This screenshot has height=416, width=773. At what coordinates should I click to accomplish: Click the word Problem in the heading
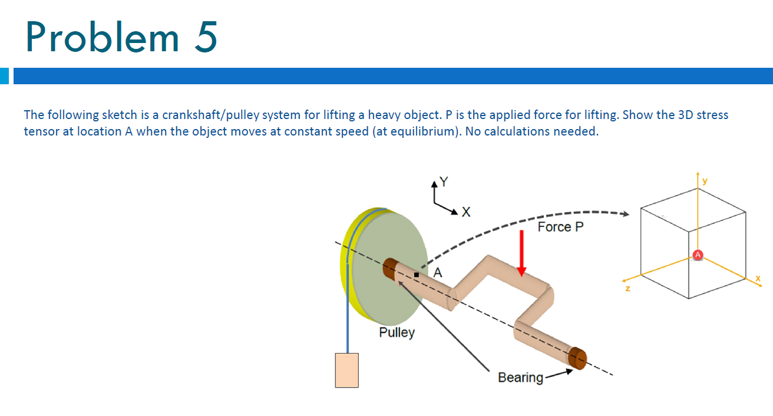pyautogui.click(x=102, y=37)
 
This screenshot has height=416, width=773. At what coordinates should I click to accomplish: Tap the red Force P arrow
pyautogui.click(x=521, y=254)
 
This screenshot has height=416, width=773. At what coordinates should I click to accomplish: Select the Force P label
pyautogui.click(x=560, y=227)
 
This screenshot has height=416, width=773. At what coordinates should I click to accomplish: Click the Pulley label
pyautogui.click(x=397, y=332)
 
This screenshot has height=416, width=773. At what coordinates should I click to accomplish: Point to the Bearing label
pyautogui.click(x=520, y=377)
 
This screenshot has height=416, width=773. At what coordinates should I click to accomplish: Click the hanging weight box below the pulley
pyautogui.click(x=346, y=370)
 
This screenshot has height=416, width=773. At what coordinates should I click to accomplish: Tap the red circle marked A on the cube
pyautogui.click(x=698, y=255)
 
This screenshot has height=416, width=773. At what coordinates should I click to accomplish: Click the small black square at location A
pyautogui.click(x=416, y=275)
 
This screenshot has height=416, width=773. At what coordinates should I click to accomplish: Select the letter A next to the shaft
pyautogui.click(x=437, y=272)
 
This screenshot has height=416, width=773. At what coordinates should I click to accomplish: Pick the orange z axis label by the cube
pyautogui.click(x=627, y=289)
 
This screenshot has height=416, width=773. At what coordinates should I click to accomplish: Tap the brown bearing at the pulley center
pyautogui.click(x=388, y=269)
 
